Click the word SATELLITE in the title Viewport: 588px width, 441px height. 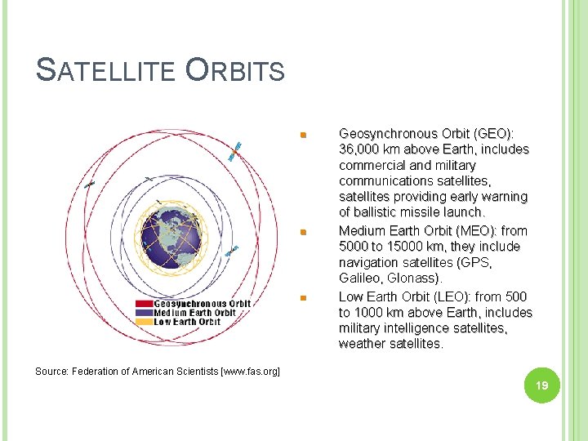[x=105, y=69]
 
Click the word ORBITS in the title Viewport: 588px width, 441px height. [x=235, y=69]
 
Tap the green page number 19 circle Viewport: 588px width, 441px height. [x=542, y=385]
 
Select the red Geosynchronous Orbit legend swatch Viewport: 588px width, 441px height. [x=144, y=303]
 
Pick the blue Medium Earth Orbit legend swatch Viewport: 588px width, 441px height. [x=144, y=312]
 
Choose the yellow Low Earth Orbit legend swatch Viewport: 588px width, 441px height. [x=144, y=322]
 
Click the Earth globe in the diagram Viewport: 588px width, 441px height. [x=171, y=238]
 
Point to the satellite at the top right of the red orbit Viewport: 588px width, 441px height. [x=234, y=152]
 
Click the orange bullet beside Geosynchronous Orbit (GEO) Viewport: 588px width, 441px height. [x=303, y=135]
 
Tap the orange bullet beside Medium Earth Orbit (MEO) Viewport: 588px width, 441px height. [x=303, y=232]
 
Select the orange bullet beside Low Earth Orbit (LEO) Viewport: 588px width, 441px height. [x=303, y=298]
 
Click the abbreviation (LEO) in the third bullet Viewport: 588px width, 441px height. [x=452, y=297]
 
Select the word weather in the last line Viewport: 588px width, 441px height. [x=363, y=344]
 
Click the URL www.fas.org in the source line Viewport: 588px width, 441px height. [x=250, y=372]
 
